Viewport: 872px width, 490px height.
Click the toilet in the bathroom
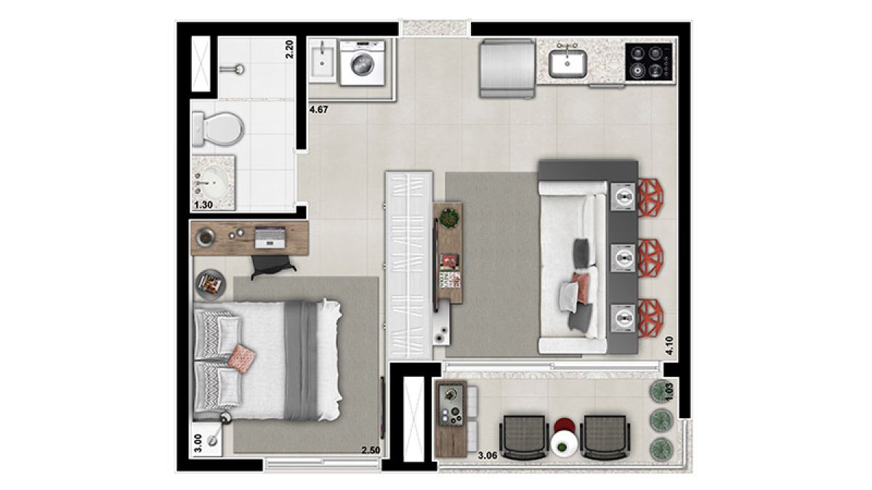pyautogui.click(x=217, y=129)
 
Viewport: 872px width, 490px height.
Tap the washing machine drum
pyautogui.click(x=362, y=65)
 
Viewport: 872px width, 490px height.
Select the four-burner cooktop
pyautogui.click(x=649, y=62)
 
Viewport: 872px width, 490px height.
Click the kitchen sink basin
pyautogui.click(x=568, y=64)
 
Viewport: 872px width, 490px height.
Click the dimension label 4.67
pyautogui.click(x=319, y=110)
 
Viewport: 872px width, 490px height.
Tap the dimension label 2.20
pyautogui.click(x=290, y=50)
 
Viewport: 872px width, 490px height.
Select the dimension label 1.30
pyautogui.click(x=203, y=205)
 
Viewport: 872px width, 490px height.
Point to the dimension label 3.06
pyautogui.click(x=488, y=455)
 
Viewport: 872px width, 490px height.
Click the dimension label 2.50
pyautogui.click(x=371, y=450)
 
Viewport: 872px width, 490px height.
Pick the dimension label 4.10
pyautogui.click(x=669, y=346)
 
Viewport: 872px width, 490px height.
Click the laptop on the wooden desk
pyautogui.click(x=270, y=237)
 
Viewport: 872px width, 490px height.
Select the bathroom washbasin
pyautogui.click(x=214, y=183)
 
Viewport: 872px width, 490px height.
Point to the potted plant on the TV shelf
pyautogui.click(x=449, y=219)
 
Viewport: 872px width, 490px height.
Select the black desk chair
pyautogui.click(x=273, y=266)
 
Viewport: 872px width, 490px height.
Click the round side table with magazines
pyautogui.click(x=211, y=285)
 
